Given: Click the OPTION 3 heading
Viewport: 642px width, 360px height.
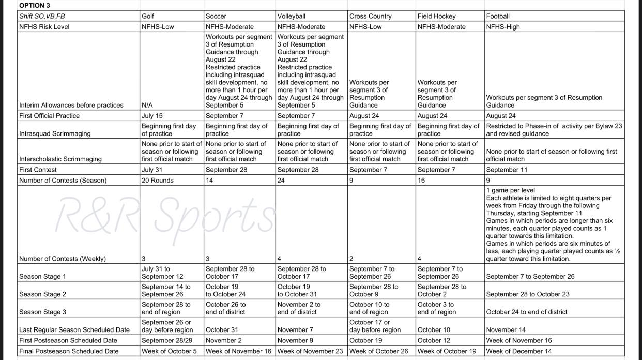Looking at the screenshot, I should pos(35,5).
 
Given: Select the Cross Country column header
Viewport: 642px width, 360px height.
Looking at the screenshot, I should pos(370,16).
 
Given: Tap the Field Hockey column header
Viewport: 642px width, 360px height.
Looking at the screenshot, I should pos(436,16).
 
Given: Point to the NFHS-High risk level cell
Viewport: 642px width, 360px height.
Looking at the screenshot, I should pos(502,26).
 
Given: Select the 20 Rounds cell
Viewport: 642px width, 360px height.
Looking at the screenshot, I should pos(158,180).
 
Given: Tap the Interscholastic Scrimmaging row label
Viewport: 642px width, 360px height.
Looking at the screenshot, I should pos(59,159).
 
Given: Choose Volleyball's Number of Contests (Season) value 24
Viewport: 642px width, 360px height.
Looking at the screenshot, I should pos(282,180).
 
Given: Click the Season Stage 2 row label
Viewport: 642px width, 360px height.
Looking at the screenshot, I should pos(42,294).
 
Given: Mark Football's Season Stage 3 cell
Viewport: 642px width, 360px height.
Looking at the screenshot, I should pos(526,312).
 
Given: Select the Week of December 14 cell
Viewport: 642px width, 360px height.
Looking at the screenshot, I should pos(518,351).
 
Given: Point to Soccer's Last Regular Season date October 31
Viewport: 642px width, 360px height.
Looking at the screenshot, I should pos(221,329).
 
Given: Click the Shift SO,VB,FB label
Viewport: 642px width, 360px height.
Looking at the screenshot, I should pos(42,16).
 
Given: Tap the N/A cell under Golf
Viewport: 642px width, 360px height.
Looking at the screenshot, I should pos(147,105).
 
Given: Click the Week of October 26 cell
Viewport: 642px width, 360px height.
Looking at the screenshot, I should pos(378,351).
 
